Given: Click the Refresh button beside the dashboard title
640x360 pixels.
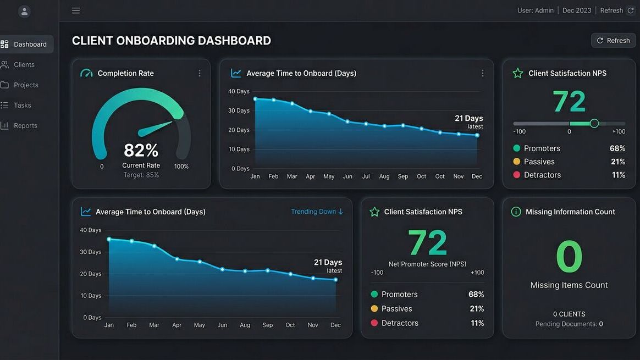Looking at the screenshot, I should point(613,40).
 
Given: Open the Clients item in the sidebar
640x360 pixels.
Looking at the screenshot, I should point(24,64).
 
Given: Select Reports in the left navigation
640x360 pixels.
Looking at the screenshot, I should point(25,125).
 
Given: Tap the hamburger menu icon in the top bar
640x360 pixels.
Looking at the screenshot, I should point(76,10).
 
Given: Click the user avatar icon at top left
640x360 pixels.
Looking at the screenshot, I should point(24,11).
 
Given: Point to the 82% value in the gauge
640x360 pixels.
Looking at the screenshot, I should point(141,150).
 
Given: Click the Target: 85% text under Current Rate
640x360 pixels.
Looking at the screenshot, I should point(141,175).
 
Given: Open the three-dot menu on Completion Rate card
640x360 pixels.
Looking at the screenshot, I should point(199,73).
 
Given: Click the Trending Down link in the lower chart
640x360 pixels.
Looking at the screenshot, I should point(317,212).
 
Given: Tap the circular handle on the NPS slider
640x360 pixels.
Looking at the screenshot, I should point(594,123).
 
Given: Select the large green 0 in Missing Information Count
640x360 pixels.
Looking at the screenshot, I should point(569,257).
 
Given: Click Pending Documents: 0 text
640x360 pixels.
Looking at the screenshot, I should point(569,324).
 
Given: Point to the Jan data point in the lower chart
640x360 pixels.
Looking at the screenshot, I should point(109,239).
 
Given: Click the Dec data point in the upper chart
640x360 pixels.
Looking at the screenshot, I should point(477,135).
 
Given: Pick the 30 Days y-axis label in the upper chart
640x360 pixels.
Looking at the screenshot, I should point(239,110).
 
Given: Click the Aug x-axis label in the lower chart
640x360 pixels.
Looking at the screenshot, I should point(245,325).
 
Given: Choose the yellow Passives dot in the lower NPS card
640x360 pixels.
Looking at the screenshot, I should point(374,309).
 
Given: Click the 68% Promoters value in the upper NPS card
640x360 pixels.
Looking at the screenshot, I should point(617,148).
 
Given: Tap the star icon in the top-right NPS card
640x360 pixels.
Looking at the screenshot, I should point(517,73).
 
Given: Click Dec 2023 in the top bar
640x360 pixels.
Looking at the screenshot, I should point(576,10).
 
